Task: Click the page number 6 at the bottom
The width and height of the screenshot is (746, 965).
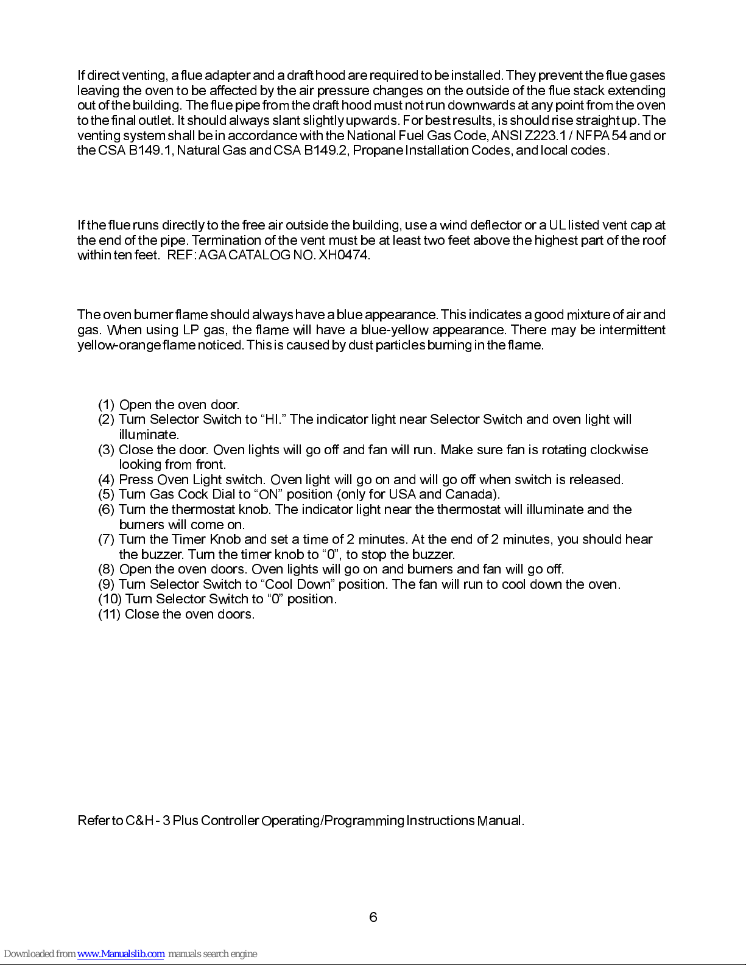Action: [x=373, y=917]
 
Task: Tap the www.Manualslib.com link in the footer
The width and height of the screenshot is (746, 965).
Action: [x=121, y=954]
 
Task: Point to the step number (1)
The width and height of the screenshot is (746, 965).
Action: [x=107, y=405]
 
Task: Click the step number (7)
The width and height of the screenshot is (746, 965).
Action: [x=107, y=539]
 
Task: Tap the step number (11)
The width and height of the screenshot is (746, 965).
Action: [x=110, y=614]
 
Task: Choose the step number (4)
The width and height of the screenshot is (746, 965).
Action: [x=107, y=480]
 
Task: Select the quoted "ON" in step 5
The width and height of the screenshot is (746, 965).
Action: [x=269, y=494]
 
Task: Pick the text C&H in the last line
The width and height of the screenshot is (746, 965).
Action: [x=139, y=821]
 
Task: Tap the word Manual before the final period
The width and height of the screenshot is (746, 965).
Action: [x=499, y=821]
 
